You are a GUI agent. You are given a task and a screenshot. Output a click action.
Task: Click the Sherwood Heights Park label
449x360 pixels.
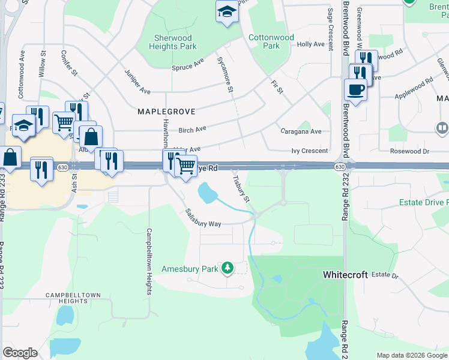tap(172, 42)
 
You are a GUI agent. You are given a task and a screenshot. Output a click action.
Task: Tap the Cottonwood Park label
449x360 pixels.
tap(271, 41)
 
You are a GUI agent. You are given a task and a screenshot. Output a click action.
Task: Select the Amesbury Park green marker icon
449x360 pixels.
tap(227, 268)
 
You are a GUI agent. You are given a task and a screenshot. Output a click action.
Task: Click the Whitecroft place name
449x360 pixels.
tap(346, 274)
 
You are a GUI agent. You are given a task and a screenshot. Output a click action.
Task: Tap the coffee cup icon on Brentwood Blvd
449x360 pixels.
tap(355, 89)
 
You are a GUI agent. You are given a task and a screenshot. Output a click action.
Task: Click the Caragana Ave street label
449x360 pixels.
tap(301, 131)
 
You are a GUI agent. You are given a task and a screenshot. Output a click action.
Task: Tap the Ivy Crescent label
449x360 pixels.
tap(310, 151)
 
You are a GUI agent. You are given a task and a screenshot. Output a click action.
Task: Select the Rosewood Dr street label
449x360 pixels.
tap(409, 151)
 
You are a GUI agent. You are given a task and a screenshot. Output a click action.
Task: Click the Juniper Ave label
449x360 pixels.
tap(137, 82)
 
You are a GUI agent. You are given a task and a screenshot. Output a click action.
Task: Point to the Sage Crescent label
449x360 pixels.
tap(331, 29)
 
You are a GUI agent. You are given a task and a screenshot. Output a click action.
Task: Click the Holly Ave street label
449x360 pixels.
tap(310, 44)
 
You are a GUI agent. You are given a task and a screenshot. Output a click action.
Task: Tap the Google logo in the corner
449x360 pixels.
tap(20, 353)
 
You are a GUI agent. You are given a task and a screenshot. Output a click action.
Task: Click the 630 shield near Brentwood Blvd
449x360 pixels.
tap(340, 166)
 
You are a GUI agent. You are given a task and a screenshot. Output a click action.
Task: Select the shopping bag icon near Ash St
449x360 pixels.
tap(90, 136)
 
